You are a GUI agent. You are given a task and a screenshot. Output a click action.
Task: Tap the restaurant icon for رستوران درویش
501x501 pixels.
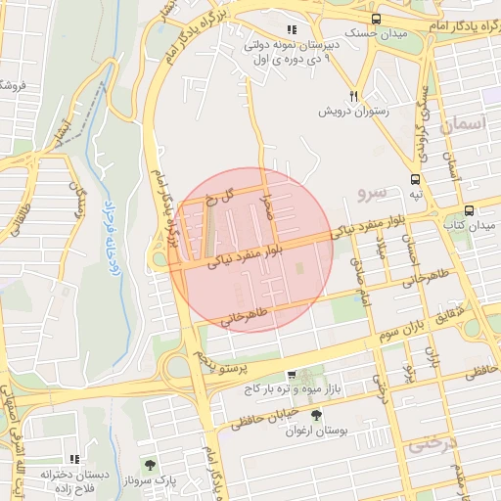coord(354,96)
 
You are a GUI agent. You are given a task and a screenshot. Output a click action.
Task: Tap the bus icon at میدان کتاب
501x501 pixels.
coord(470,210)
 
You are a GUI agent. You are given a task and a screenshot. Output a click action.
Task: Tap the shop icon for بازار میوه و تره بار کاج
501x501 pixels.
coord(292,376)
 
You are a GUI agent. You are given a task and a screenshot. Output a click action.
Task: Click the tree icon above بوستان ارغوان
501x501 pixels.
coord(315,416)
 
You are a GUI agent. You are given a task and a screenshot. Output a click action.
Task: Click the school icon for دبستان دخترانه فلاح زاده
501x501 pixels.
coord(73,458)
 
